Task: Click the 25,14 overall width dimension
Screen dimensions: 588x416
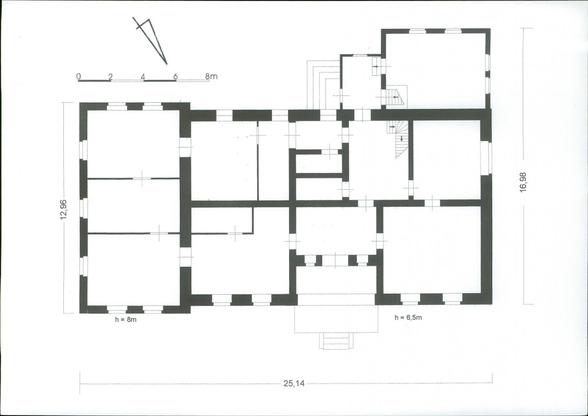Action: [294, 384]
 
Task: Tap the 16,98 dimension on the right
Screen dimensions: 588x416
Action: [524, 182]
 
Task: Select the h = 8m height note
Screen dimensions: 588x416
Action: [126, 320]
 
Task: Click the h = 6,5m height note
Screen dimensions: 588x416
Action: [408, 318]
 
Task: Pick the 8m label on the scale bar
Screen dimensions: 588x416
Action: [211, 76]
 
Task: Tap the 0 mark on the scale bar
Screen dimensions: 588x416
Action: [79, 77]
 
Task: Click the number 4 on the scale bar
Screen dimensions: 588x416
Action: [143, 77]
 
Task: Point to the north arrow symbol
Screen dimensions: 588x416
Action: [150, 40]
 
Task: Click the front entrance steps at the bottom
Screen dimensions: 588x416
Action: [336, 341]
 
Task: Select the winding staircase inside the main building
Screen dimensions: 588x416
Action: [398, 139]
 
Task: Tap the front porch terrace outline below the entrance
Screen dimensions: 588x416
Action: [336, 318]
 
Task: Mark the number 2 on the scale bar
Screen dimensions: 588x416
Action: [110, 77]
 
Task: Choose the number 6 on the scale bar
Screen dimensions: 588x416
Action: [176, 77]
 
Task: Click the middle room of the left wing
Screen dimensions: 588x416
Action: [134, 206]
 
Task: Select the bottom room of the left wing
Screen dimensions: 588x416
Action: [134, 270]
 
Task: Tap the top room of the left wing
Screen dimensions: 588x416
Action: [134, 144]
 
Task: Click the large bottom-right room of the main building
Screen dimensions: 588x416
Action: [432, 250]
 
